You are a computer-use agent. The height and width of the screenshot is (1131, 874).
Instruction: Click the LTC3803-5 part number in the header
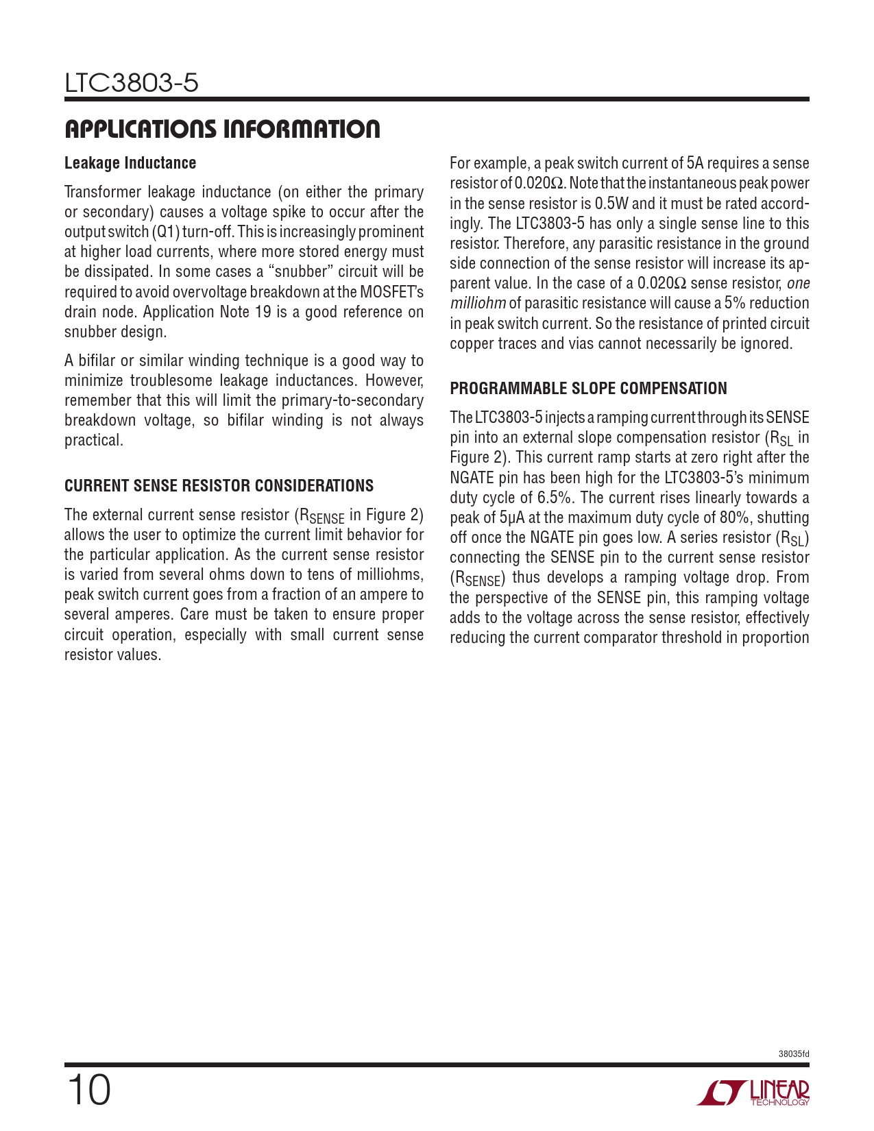click(x=132, y=84)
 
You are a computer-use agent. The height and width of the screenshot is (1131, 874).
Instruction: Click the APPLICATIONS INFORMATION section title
click(x=222, y=129)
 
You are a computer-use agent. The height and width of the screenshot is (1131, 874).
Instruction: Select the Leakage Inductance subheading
click(x=130, y=163)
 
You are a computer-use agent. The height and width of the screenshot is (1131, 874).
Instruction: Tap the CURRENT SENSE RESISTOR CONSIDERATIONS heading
click(x=219, y=486)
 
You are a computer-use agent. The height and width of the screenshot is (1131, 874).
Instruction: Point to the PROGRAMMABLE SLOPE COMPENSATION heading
click(x=588, y=389)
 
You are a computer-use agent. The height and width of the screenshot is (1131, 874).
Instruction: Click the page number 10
click(x=88, y=1091)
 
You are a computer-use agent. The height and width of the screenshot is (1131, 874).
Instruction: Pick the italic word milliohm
click(x=478, y=304)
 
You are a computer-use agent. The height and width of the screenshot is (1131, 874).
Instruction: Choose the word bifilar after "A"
click(x=97, y=361)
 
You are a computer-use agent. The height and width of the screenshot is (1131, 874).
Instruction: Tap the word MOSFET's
click(x=392, y=292)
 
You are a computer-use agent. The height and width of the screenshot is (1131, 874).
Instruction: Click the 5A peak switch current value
click(x=695, y=163)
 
